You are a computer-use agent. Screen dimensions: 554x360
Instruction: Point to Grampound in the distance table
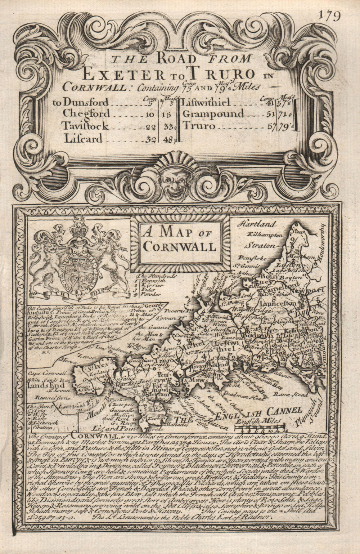click(x=213, y=114)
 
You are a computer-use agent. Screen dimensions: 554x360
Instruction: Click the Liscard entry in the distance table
click(x=84, y=139)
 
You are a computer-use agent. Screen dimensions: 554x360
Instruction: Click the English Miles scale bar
click(x=260, y=429)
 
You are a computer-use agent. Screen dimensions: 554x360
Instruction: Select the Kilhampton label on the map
click(x=264, y=234)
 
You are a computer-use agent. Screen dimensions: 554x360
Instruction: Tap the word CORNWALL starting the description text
click(x=95, y=435)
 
